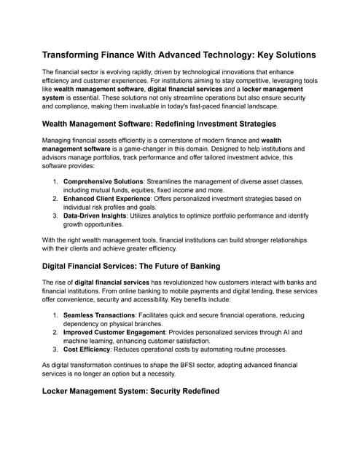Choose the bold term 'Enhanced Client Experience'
point(107,199)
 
